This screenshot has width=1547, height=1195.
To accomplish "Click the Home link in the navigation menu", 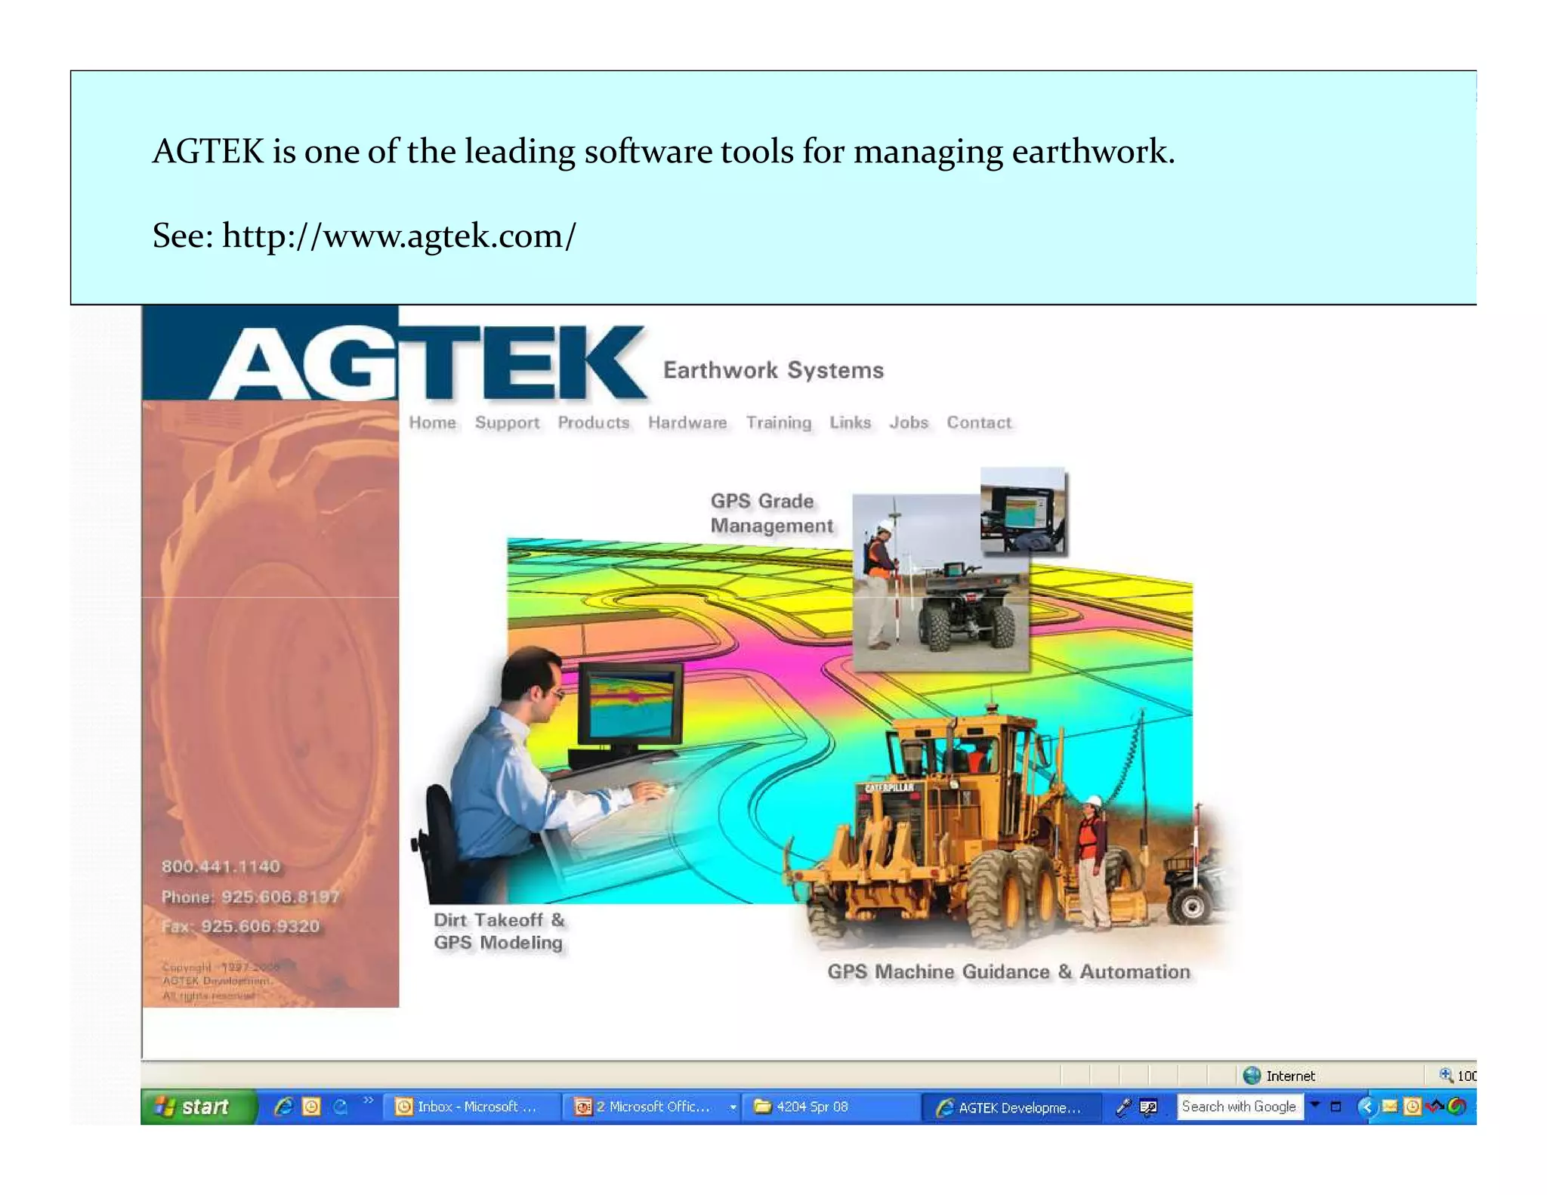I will pos(432,423).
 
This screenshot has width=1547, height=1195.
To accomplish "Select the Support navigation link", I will pos(507,423).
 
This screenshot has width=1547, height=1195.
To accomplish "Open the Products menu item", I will pos(593,423).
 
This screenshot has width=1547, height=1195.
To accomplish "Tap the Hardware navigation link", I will pos(687,423).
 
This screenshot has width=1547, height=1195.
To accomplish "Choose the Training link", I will pos(778,423).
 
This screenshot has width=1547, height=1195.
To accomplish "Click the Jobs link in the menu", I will pos(908,423).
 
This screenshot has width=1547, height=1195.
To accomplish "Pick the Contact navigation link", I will pos(978,423).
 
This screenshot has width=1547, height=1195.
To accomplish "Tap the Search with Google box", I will pos(1239,1107).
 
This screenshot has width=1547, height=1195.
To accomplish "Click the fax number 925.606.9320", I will pos(260,926).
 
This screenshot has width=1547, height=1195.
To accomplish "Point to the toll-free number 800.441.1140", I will pos(221,866).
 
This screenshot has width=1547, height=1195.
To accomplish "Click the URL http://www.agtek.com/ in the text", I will pos(399,236).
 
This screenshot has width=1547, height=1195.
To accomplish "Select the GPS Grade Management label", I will pos(770,514).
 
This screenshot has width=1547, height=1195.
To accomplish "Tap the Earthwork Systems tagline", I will pos(773,370).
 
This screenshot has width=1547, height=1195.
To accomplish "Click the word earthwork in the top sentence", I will pos(1088,151).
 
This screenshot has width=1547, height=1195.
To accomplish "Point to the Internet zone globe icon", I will pos(1252,1075).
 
